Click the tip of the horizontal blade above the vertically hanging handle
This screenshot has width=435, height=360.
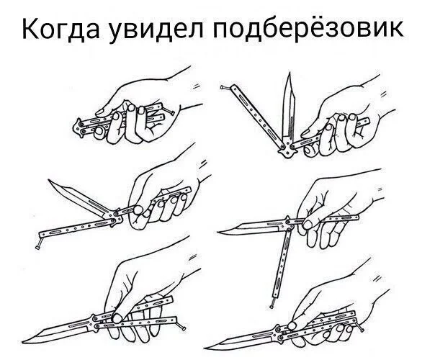pyautogui.click(x=219, y=230)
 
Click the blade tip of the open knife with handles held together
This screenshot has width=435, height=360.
pyautogui.click(x=207, y=344)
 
